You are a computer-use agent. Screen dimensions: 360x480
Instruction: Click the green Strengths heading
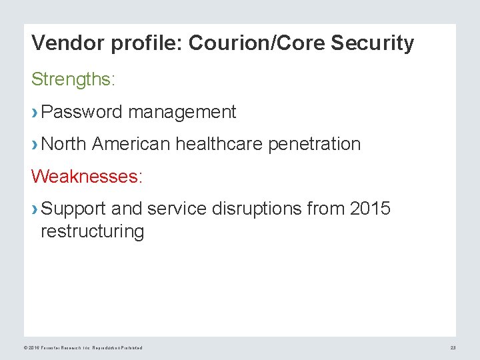[73, 80]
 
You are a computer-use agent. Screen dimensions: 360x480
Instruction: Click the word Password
[81, 112]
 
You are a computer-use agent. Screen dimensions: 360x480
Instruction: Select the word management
[182, 112]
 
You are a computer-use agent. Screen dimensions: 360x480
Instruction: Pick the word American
[132, 144]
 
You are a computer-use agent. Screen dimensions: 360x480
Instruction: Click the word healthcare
[219, 144]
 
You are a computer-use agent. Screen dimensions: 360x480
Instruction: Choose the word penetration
[314, 144]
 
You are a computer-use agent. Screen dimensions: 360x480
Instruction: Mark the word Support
[73, 209]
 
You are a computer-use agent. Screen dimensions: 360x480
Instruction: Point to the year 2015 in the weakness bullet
[370, 209]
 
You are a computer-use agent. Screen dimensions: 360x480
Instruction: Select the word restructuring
[92, 232]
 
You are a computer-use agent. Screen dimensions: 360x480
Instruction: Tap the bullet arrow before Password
[35, 113]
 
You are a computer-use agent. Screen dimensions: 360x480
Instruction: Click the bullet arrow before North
[35, 145]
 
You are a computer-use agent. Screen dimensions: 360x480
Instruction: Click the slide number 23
[453, 348]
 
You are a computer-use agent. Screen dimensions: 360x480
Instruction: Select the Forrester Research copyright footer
[83, 348]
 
